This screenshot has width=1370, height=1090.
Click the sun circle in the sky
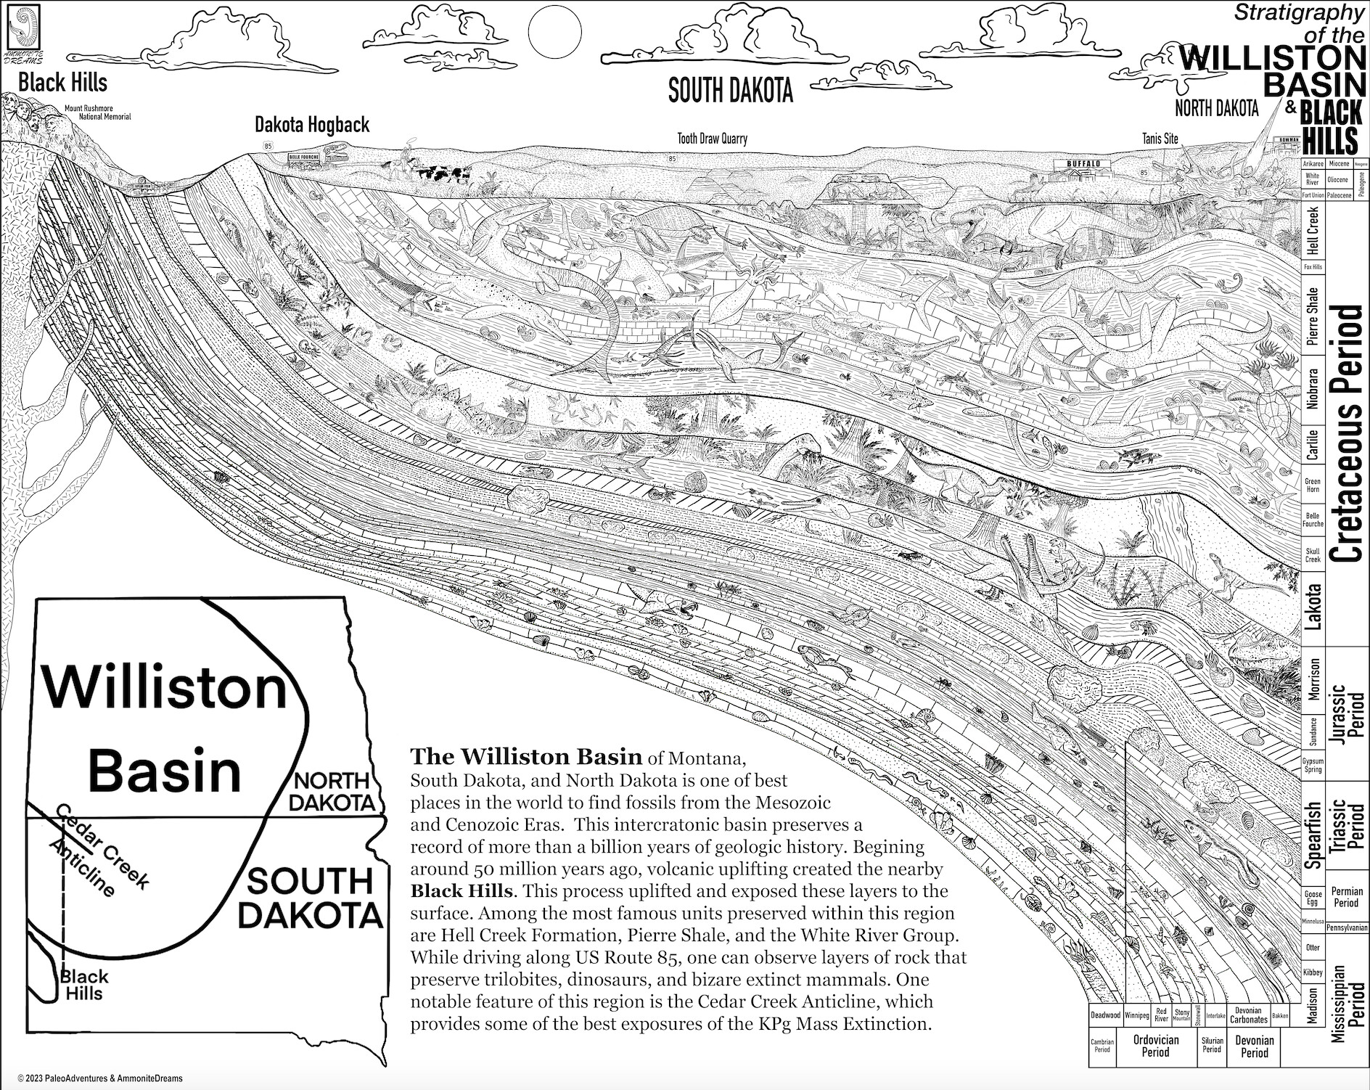[x=555, y=31]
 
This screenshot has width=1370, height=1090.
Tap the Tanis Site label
[x=1160, y=139]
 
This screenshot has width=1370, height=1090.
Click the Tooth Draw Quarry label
[x=712, y=139]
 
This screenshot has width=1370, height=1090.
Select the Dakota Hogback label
[x=312, y=125]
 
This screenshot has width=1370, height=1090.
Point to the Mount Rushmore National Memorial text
[x=98, y=112]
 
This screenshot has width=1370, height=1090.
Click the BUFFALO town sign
[x=1083, y=164]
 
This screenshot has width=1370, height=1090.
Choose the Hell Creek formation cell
[x=1311, y=230]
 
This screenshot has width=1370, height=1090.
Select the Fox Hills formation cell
[x=1312, y=267]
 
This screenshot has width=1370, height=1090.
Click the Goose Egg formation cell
[x=1313, y=898]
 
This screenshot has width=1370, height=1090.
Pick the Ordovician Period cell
[x=1155, y=1046]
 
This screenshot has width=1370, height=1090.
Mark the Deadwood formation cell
[x=1105, y=1015]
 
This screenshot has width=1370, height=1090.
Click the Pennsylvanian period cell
[x=1346, y=927]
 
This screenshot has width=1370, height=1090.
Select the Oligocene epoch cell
[x=1337, y=179]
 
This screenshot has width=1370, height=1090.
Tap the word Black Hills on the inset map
[x=83, y=985]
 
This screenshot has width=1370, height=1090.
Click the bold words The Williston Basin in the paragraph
[x=526, y=757]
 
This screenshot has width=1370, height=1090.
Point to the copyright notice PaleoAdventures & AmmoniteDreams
[x=100, y=1078]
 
